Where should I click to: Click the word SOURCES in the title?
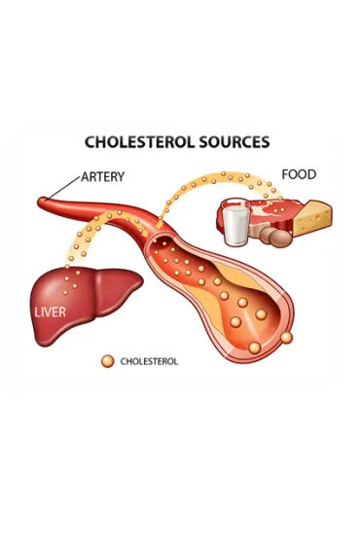[233, 142]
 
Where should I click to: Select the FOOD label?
[300, 175]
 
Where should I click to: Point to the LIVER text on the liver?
[52, 313]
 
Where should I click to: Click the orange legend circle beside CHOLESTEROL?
[107, 361]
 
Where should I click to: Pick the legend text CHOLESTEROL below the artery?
[149, 361]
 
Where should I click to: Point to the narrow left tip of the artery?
[43, 204]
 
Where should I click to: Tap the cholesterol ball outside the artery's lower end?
[287, 338]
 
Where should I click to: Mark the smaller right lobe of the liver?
[121, 283]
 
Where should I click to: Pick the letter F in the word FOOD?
[286, 175]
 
